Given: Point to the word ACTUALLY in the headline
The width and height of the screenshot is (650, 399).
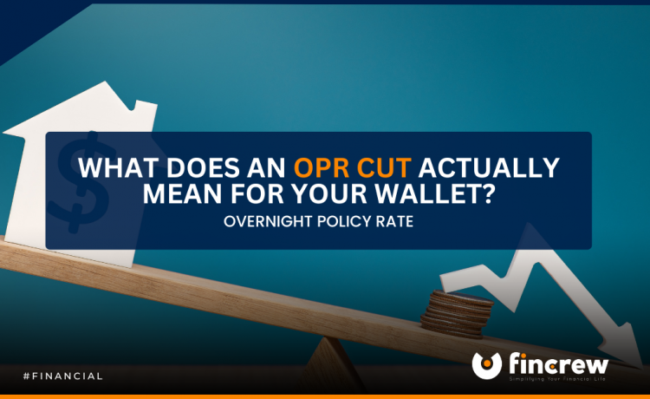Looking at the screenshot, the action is pyautogui.click(x=489, y=167).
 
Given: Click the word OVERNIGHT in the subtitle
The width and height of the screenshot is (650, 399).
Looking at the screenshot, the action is pyautogui.click(x=268, y=221).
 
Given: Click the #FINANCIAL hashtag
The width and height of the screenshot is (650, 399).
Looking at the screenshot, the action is pyautogui.click(x=63, y=376).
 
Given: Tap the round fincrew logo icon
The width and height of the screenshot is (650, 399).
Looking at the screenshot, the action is pyautogui.click(x=487, y=365).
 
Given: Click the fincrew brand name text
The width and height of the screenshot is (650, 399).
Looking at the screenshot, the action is pyautogui.click(x=558, y=363).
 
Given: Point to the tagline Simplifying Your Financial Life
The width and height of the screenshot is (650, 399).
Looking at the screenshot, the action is pyautogui.click(x=557, y=379).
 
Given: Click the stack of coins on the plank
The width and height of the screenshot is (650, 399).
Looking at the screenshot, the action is pyautogui.click(x=458, y=314).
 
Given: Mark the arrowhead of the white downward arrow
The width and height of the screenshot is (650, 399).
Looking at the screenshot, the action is pyautogui.click(x=621, y=345).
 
